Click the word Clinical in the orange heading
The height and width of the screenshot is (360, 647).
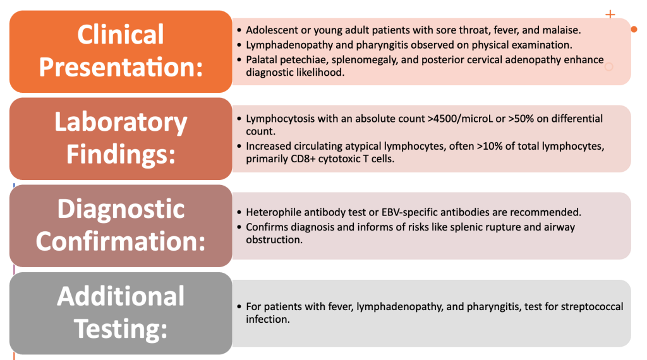pyautogui.click(x=121, y=35)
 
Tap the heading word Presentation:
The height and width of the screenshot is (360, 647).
pyautogui.click(x=121, y=67)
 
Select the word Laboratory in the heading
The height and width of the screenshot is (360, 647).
pyautogui.click(x=121, y=123)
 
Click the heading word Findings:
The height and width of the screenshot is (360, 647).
pyautogui.click(x=121, y=154)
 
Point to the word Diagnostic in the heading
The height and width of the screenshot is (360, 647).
pyautogui.click(x=121, y=209)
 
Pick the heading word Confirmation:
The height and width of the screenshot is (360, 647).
pyautogui.click(x=121, y=241)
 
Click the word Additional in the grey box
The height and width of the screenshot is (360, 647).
pyautogui.click(x=121, y=296)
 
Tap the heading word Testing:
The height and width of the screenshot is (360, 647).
pyautogui.click(x=121, y=328)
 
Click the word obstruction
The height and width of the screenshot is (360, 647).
pyautogui.click(x=274, y=240)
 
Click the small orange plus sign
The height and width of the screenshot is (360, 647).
pyautogui.click(x=610, y=15)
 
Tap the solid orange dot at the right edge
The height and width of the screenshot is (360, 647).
pyautogui.click(x=634, y=29)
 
